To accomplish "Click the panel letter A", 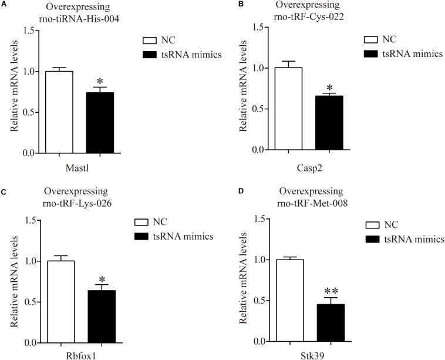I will tap(5, 5).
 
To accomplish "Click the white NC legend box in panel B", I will tap(372, 40).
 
